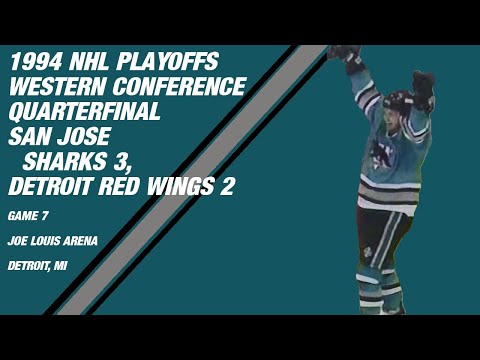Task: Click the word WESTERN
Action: point(54,87)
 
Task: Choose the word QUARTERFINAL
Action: point(84,112)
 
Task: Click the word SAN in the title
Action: point(31,137)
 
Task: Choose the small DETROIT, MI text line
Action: point(39,265)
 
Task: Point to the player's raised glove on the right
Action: point(423,86)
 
